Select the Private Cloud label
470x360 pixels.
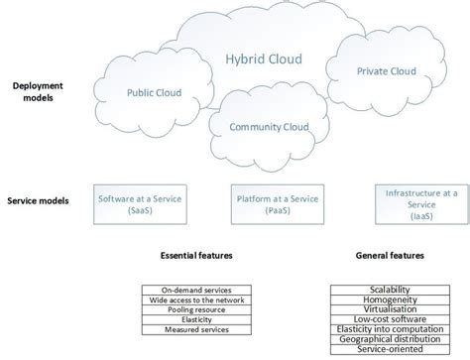(x=386, y=71)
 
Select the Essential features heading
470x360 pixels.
(x=196, y=256)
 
